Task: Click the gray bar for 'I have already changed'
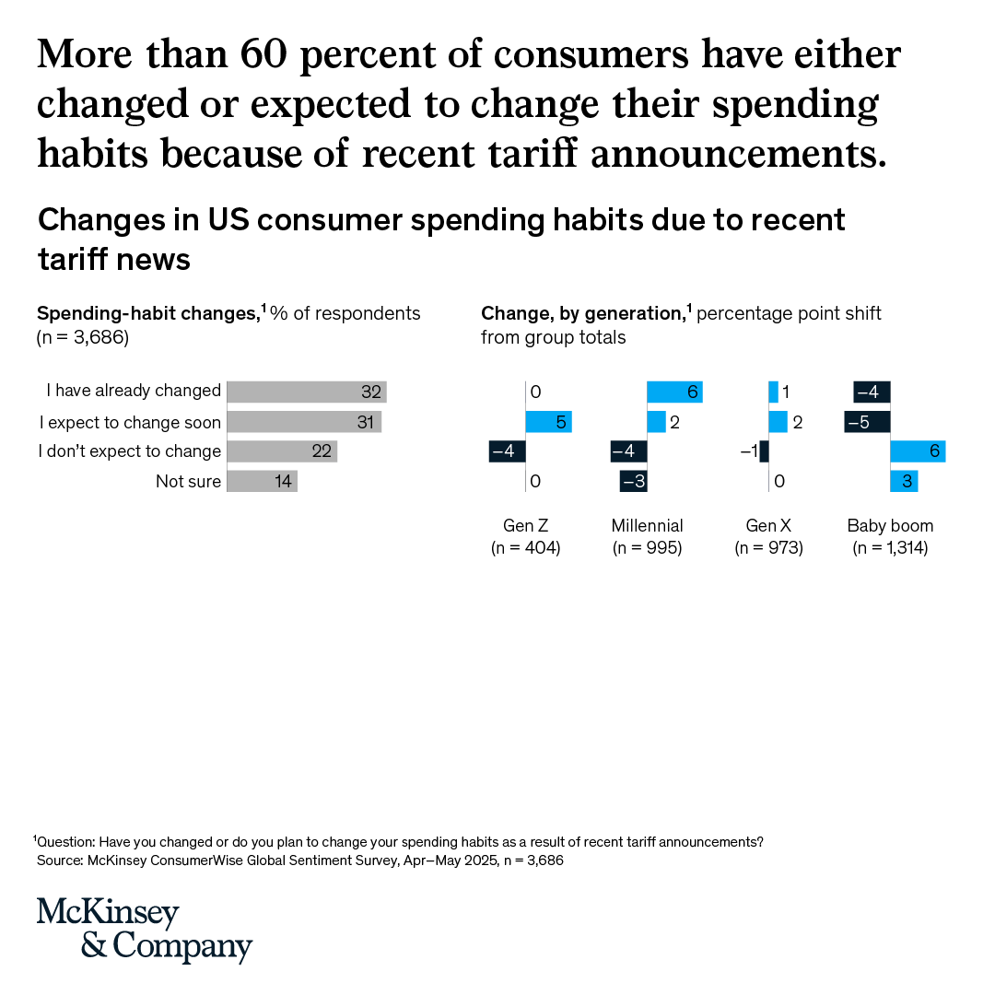(x=306, y=392)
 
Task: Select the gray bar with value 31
(x=303, y=422)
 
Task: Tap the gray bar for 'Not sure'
(x=262, y=481)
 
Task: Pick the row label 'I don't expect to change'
(x=130, y=451)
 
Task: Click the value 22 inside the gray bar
(x=322, y=451)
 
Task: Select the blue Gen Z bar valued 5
(x=548, y=422)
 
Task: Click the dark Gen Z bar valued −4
(x=507, y=451)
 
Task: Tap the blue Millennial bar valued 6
(x=674, y=392)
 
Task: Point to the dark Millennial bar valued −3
(x=633, y=481)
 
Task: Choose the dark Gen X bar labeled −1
(x=764, y=451)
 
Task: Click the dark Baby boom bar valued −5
(x=867, y=422)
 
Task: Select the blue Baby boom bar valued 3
(x=904, y=481)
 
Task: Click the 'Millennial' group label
(x=647, y=526)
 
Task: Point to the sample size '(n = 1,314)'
(x=890, y=548)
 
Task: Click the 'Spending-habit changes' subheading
(x=147, y=314)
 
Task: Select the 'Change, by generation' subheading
(x=582, y=314)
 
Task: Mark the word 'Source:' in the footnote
(x=60, y=860)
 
